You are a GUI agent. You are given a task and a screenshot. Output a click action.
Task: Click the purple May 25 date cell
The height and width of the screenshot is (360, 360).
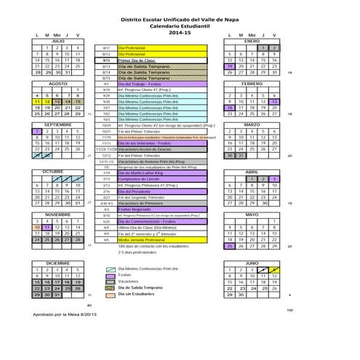[x=231, y=246]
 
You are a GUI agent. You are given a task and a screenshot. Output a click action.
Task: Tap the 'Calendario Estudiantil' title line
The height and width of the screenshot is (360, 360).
[x=179, y=28]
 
